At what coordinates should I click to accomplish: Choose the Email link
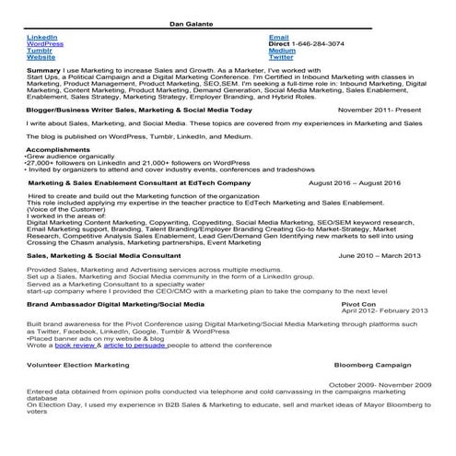point(278,37)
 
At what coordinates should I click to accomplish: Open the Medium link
point(282,50)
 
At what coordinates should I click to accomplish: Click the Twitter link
point(281,57)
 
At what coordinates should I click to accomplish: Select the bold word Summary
point(44,70)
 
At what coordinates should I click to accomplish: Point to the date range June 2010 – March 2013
point(380,255)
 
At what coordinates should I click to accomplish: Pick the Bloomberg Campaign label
point(378,365)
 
